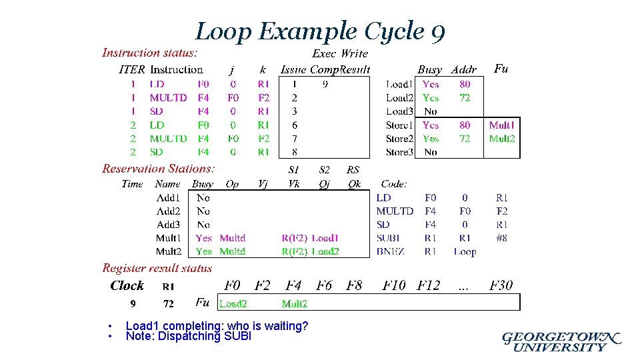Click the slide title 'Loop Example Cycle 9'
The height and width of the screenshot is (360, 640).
pos(320,31)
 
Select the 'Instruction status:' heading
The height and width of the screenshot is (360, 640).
pos(149,53)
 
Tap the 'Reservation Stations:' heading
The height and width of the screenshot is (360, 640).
pos(159,169)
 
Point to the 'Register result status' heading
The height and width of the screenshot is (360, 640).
pos(157,268)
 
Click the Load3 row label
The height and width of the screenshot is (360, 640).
pos(399,111)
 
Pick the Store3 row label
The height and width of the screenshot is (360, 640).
pos(399,152)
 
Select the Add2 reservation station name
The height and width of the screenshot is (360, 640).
pos(168,211)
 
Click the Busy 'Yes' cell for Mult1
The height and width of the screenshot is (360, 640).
pos(203,238)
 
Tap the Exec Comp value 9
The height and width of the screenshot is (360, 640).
pos(325,84)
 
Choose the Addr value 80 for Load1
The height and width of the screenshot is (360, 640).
pos(465,84)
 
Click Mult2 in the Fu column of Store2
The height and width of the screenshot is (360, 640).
pos(502,139)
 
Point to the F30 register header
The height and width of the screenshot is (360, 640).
pos(501,285)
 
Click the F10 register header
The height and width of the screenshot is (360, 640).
pos(393,285)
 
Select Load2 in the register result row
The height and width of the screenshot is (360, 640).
pos(233,304)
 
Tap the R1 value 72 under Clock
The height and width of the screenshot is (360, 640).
pos(169,304)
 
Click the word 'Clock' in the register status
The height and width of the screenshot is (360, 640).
pos(127,285)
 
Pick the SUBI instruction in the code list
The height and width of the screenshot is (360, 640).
pos(388,238)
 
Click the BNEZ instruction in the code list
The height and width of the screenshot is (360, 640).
pos(390,251)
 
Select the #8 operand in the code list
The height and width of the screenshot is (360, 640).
pos(501,238)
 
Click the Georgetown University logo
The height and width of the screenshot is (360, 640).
pos(561,341)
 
